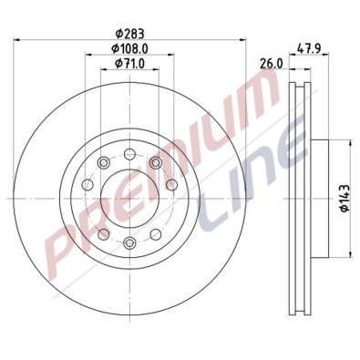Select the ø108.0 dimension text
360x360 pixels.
tap(129, 47)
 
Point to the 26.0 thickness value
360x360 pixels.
tap(269, 63)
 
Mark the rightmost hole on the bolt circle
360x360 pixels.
tap(174, 197)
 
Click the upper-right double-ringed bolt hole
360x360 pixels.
tap(156, 162)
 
